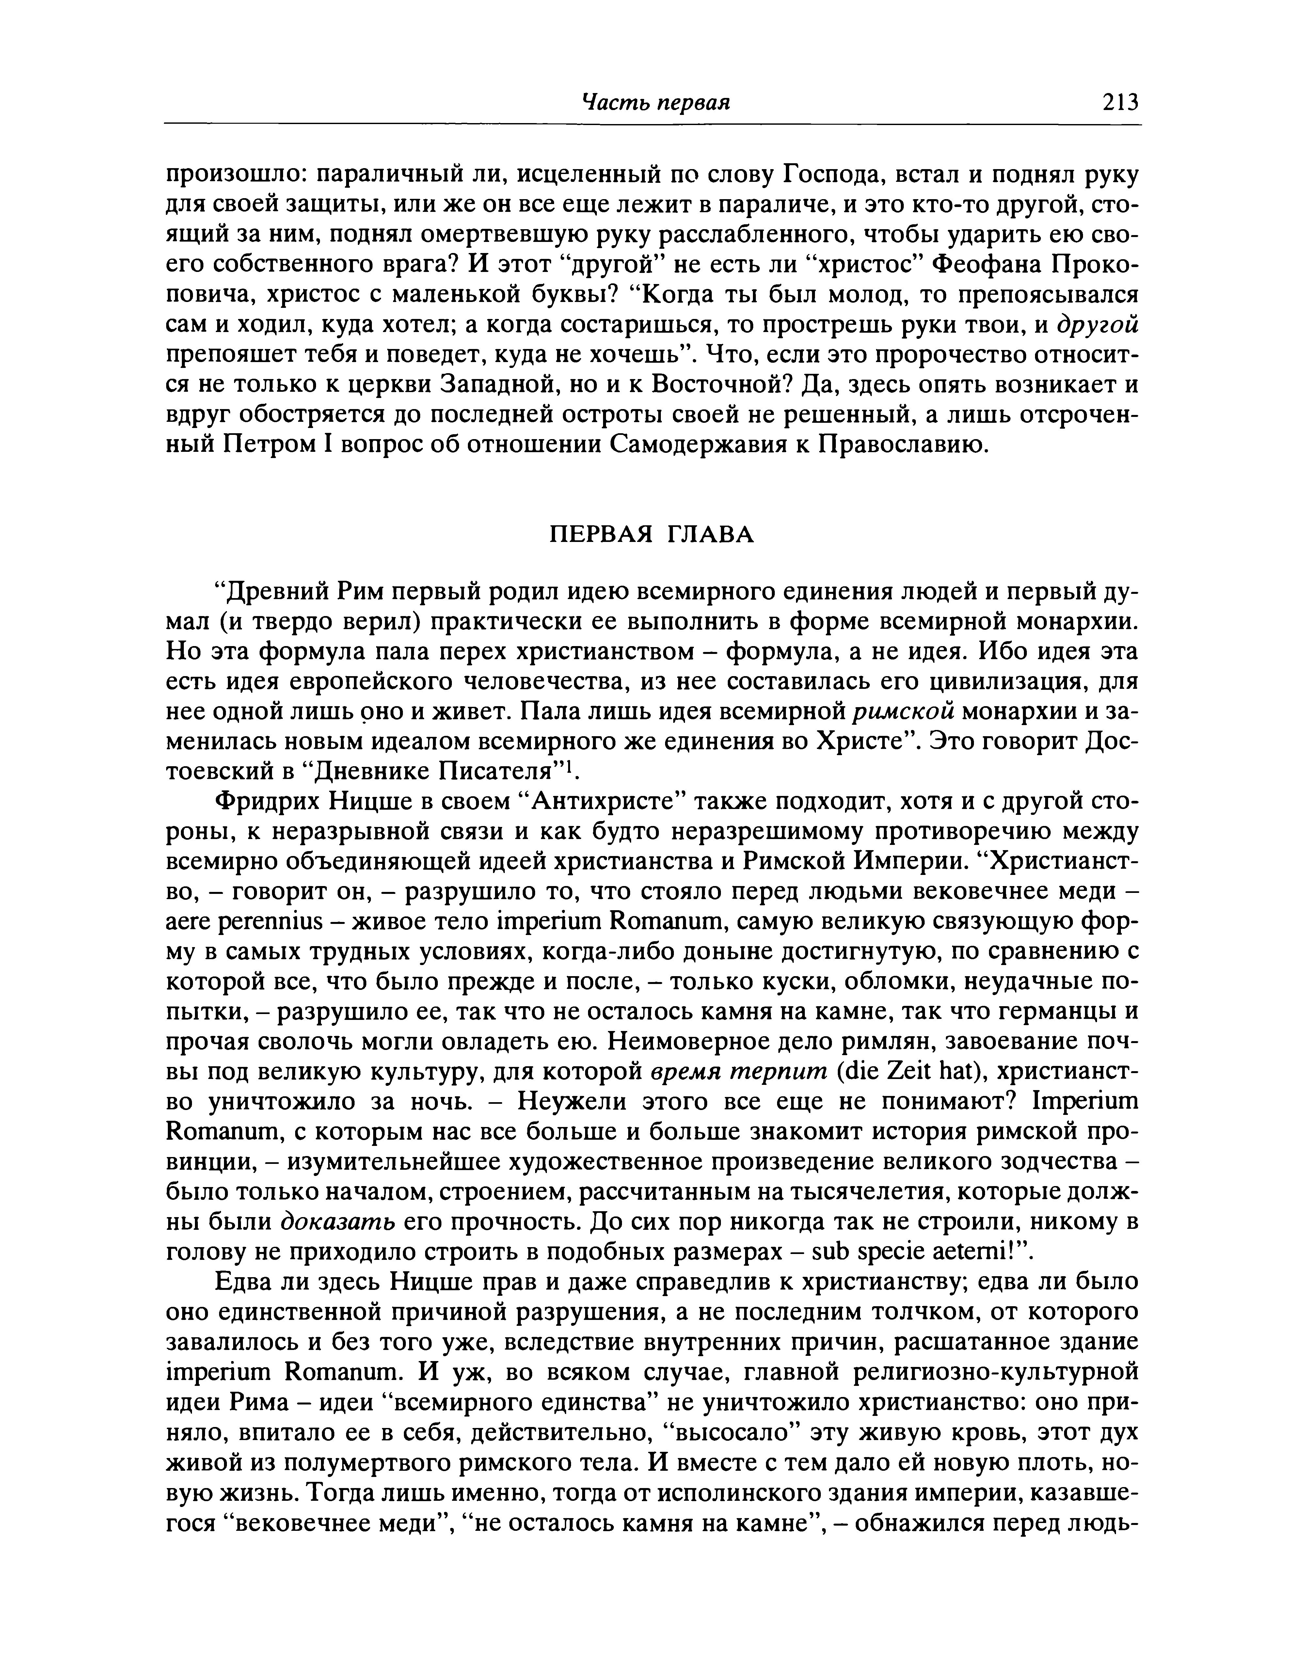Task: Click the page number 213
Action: click(1120, 102)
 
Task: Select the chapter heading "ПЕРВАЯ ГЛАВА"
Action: click(652, 534)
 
